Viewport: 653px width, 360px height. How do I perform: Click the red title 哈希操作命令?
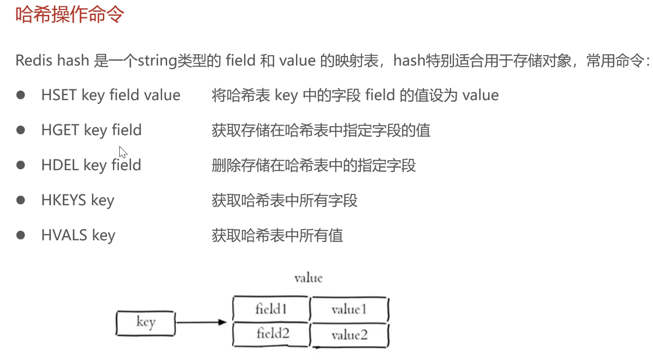click(70, 15)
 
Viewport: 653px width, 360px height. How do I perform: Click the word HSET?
click(59, 95)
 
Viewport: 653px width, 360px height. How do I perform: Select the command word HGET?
click(61, 130)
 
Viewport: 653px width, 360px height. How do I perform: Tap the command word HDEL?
click(60, 165)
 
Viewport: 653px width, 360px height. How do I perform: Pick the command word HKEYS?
click(64, 200)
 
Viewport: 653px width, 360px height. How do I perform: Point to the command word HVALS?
click(64, 235)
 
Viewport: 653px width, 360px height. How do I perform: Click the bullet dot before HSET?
click(20, 95)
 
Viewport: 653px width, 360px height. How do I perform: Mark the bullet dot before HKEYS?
click(20, 200)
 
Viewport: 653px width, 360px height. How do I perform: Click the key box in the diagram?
click(146, 323)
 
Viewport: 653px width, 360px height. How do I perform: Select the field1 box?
click(271, 309)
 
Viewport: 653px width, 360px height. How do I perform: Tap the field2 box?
click(271, 334)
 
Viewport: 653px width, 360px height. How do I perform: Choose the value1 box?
click(349, 309)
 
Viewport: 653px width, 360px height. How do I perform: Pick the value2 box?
click(349, 335)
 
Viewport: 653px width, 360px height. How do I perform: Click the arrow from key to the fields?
click(201, 322)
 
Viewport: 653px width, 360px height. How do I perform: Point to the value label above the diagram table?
click(308, 278)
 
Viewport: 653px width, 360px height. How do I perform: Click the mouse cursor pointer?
click(123, 152)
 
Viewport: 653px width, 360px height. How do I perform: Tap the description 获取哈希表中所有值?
click(277, 235)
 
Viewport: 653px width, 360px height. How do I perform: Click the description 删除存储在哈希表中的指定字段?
click(314, 166)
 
